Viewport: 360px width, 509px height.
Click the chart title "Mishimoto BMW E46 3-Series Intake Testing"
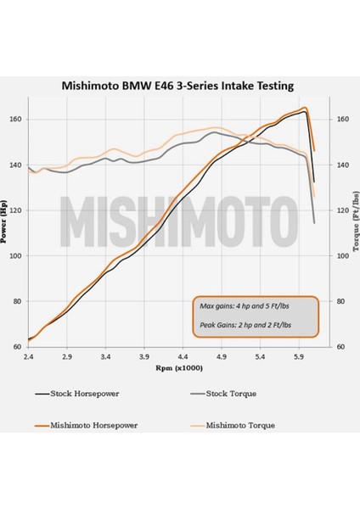(x=180, y=85)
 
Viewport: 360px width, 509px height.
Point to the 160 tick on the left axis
(x=17, y=119)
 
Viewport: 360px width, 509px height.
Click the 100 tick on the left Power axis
(x=17, y=255)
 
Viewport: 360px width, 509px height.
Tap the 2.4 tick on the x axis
(x=28, y=358)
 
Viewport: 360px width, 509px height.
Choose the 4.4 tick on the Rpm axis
(x=183, y=358)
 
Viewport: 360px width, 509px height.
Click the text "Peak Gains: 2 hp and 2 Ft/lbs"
(x=245, y=324)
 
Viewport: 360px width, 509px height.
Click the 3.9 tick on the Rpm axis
(x=143, y=358)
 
